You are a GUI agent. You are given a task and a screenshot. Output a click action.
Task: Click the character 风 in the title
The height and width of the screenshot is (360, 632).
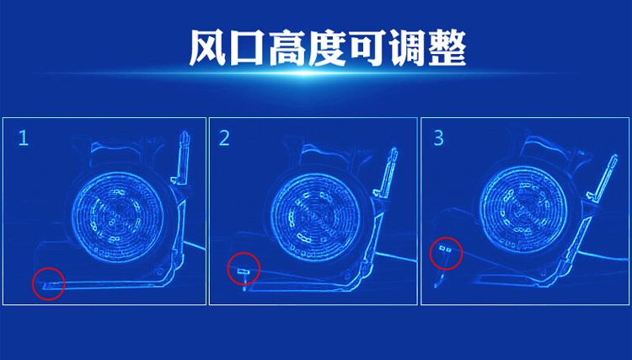point(208,48)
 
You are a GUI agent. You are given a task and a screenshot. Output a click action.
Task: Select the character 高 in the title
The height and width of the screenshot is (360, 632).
point(287,48)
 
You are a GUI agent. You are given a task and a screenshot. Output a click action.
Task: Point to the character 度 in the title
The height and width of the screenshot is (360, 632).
point(327,48)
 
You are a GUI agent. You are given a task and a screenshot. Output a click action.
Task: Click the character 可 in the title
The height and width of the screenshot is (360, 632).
point(367,48)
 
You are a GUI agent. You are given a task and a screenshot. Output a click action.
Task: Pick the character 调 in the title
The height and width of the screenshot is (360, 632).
point(407,48)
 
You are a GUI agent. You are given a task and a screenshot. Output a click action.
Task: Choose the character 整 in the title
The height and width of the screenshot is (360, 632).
point(447,48)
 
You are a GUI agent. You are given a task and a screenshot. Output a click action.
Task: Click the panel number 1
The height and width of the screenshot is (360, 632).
point(24,138)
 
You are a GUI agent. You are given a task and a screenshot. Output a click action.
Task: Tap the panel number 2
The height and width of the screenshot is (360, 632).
point(224,138)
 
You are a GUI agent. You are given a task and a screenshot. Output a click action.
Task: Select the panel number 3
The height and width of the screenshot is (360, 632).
point(438,138)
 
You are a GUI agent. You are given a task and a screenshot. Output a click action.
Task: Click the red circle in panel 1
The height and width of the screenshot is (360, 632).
point(48,268)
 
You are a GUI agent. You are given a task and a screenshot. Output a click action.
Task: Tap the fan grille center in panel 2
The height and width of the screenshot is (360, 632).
point(315,218)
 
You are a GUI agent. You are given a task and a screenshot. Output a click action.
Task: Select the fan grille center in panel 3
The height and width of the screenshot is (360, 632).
point(524,210)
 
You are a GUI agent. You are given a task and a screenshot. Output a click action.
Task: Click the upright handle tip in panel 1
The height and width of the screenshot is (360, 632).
point(185,133)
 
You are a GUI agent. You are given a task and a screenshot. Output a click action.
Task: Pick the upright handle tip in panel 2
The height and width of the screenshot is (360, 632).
point(394,150)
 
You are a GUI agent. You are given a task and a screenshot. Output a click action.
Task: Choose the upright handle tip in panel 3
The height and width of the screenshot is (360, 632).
point(614,157)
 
